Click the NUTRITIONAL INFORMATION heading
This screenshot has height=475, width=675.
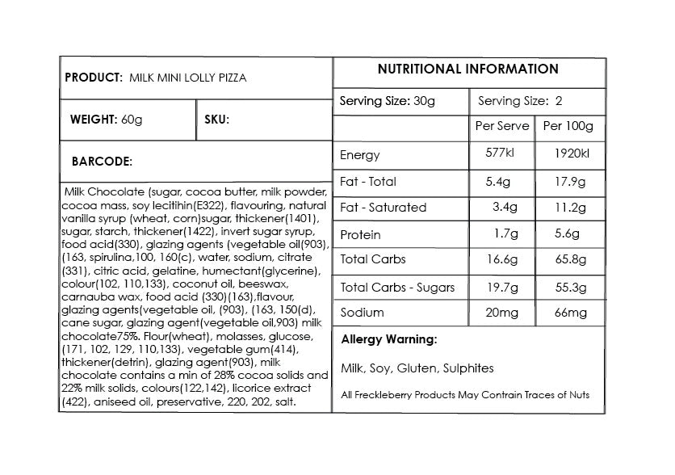[x=468, y=69]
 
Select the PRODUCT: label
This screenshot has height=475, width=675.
[x=94, y=78]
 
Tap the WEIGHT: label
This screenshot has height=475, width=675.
[x=94, y=120]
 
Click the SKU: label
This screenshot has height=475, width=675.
[x=217, y=120]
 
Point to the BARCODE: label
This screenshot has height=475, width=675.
[x=102, y=162]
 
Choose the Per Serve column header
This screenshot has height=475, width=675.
[x=502, y=127]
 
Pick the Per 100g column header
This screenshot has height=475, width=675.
[x=568, y=127]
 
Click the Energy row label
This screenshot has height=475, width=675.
[x=360, y=155]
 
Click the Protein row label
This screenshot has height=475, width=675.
[x=361, y=234]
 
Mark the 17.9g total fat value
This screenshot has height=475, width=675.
[x=571, y=182]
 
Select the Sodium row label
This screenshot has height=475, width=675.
[x=363, y=313]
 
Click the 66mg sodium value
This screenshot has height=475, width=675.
[x=571, y=313]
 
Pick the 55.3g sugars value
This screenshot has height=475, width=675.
[x=571, y=287]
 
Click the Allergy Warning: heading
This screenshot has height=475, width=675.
[x=389, y=339]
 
